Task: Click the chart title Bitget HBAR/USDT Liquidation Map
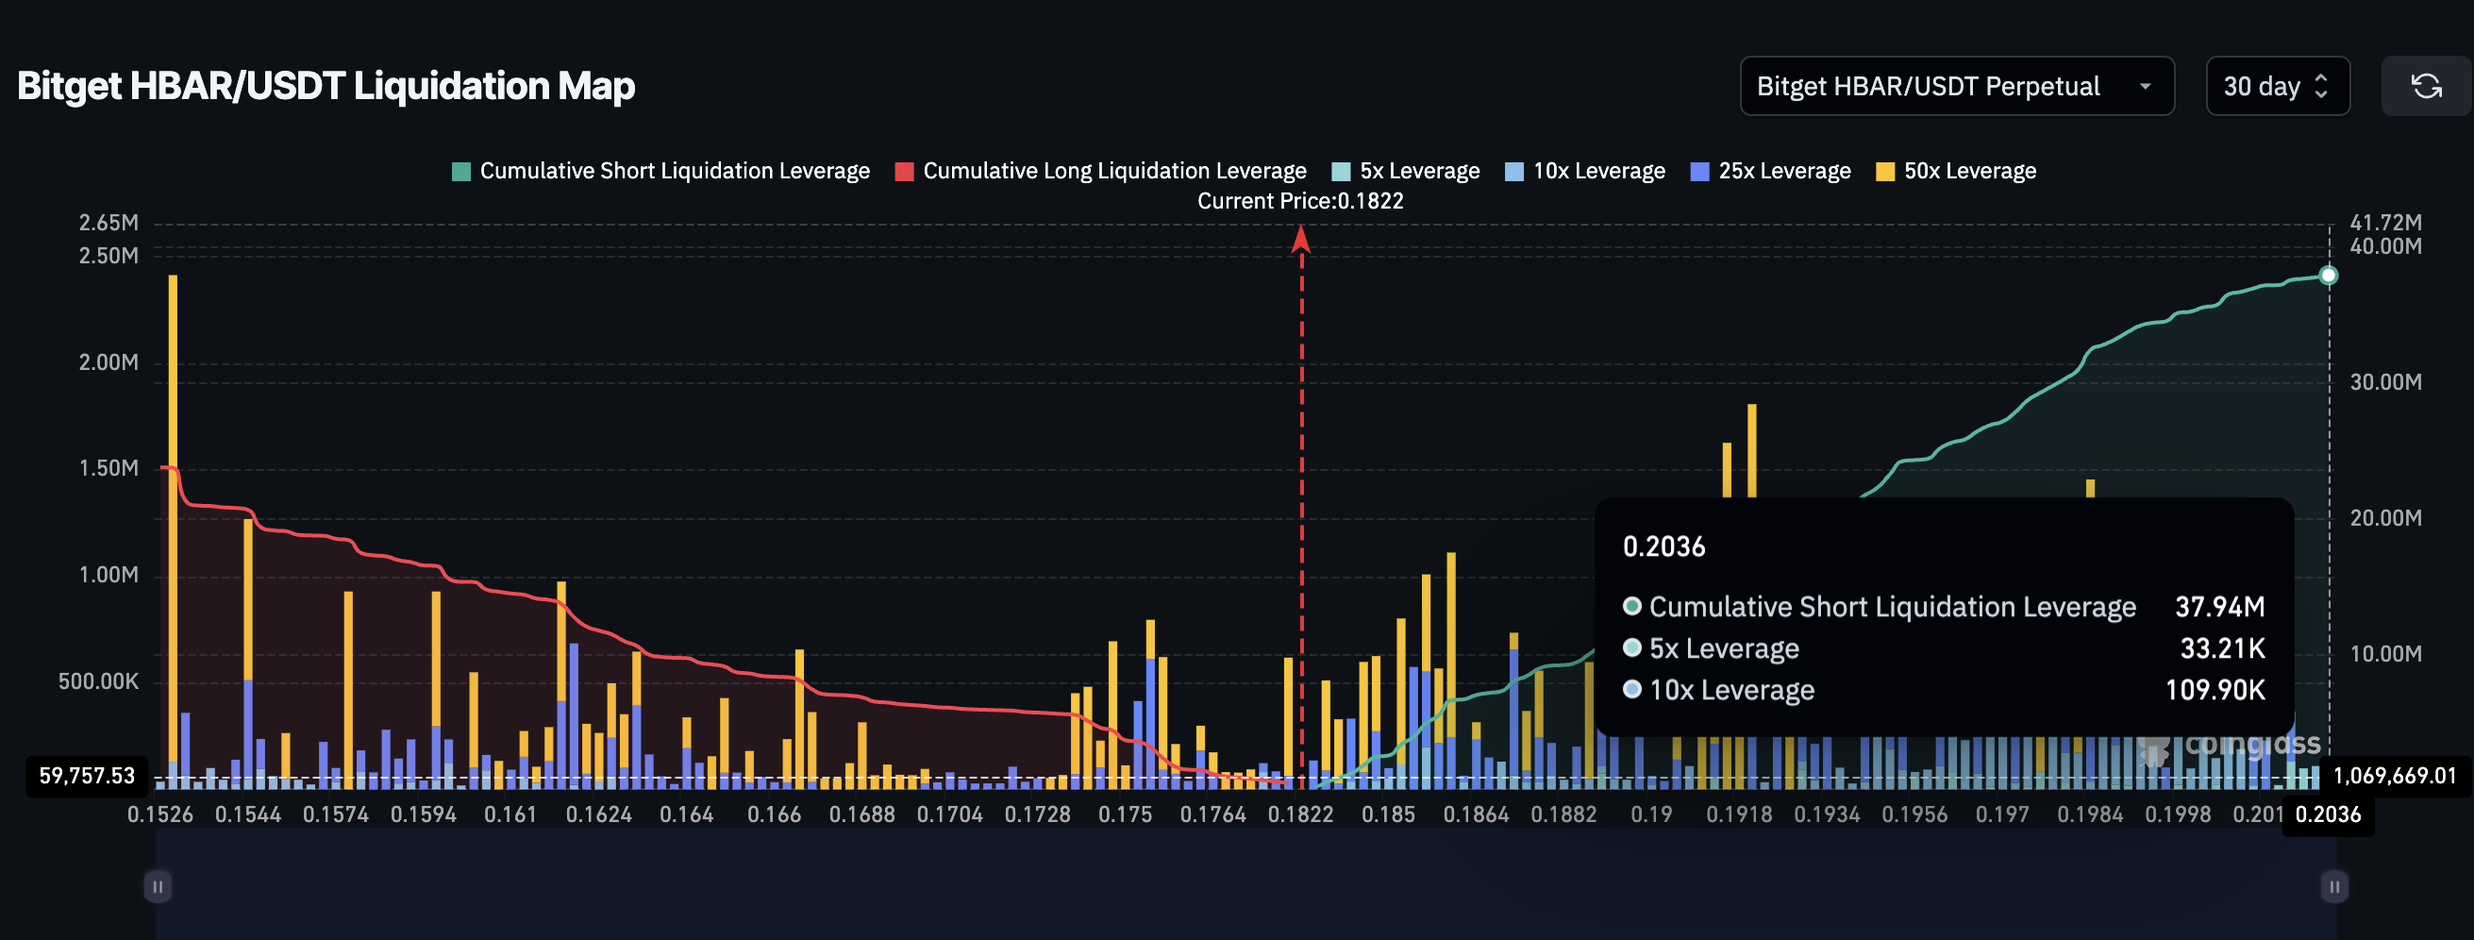[x=326, y=87]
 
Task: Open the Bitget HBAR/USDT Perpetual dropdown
[x=1955, y=87]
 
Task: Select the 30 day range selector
[x=2276, y=87]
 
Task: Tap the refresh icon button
[x=2426, y=87]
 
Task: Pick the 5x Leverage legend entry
[x=1406, y=171]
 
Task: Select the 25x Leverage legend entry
[x=1771, y=171]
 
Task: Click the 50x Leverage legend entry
[x=1956, y=171]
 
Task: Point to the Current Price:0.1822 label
[x=1299, y=201]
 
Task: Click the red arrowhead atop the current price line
[x=1301, y=238]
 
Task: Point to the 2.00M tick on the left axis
[x=109, y=362]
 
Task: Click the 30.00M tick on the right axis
[x=2384, y=382]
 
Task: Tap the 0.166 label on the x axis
[x=773, y=814]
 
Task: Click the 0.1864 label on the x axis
[x=1475, y=814]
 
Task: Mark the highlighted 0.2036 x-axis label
[x=2327, y=814]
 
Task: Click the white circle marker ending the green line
[x=2328, y=276]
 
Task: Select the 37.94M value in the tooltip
[x=2218, y=607]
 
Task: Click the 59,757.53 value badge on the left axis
[x=87, y=776]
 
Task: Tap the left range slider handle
[x=158, y=886]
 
